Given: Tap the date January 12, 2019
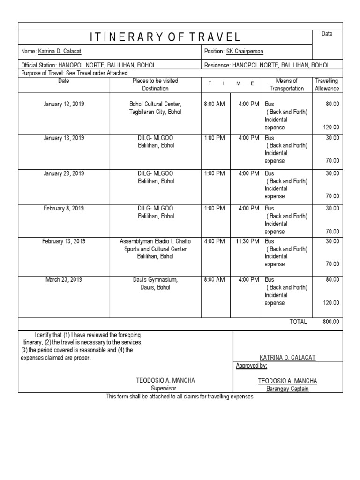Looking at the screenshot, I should click(x=64, y=104).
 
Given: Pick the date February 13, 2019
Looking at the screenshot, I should click(x=64, y=241).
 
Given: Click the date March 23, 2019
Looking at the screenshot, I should click(x=64, y=280).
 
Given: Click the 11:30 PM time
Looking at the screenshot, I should click(x=246, y=241).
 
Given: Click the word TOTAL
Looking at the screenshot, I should click(x=298, y=322).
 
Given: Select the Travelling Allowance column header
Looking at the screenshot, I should click(x=327, y=85).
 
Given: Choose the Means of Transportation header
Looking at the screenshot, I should click(x=286, y=85).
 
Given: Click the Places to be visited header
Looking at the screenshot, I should click(x=155, y=85).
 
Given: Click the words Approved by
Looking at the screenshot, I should click(x=251, y=366).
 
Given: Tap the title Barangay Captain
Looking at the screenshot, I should click(x=287, y=389).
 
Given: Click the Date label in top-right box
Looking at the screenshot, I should click(x=327, y=34).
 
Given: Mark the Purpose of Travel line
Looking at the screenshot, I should click(x=75, y=74).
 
